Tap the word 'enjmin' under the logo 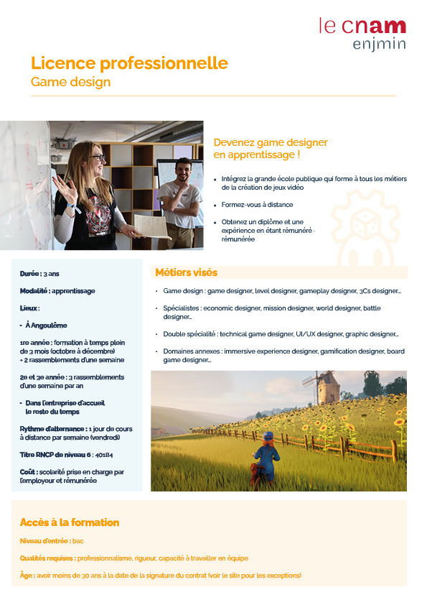[380, 45]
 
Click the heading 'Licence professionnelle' [129, 63]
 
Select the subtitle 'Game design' [70, 82]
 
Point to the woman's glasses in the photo [98, 158]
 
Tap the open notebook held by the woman [151, 226]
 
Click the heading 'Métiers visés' [186, 273]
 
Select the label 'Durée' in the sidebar [29, 274]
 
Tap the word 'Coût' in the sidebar [28, 472]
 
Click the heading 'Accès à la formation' [70, 522]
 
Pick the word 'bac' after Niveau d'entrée [78, 540]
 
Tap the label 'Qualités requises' [47, 558]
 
